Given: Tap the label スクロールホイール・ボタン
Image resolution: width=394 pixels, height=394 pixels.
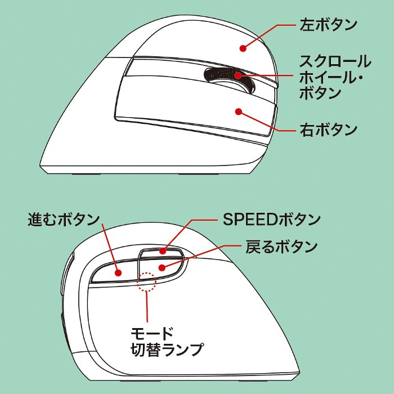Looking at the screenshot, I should [x=335, y=76].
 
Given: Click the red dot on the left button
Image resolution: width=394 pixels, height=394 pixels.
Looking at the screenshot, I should [x=244, y=48].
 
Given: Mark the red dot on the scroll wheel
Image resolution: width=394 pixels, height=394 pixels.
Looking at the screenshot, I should [x=239, y=75].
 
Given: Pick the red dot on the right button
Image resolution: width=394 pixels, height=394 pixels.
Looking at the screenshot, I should [x=239, y=113].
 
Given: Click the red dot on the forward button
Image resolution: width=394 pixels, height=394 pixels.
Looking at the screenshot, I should [x=119, y=272].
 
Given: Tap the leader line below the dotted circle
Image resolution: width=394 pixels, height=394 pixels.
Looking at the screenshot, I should [x=147, y=307].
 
